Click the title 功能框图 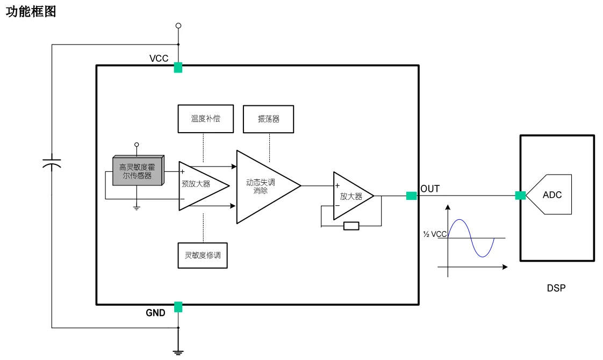(x=31, y=11)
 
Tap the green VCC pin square (x=178, y=68)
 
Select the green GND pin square (x=178, y=307)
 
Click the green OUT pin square (x=411, y=196)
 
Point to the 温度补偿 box (x=205, y=119)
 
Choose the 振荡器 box (x=269, y=119)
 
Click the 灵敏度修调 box (x=202, y=256)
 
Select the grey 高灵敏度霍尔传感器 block (x=137, y=171)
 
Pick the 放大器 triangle (x=350, y=196)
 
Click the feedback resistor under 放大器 (x=351, y=226)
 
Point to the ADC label (x=552, y=195)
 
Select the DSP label (x=556, y=289)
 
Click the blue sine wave (x=471, y=237)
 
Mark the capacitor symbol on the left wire (x=52, y=163)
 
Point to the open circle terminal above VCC (x=178, y=25)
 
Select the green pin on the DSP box (x=520, y=196)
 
